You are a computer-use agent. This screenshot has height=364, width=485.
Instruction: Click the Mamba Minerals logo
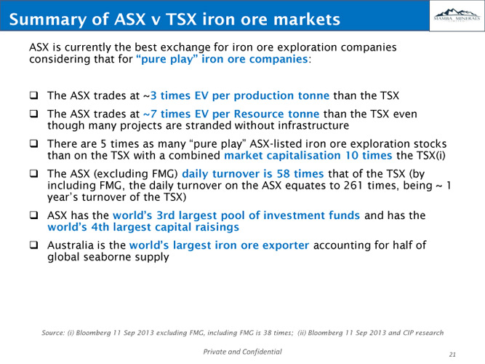(x=457, y=15)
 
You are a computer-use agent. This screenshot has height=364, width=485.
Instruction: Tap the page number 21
(x=452, y=355)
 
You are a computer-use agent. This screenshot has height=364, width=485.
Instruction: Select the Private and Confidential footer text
(x=243, y=352)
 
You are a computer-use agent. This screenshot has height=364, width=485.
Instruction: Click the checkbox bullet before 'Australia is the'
(x=33, y=245)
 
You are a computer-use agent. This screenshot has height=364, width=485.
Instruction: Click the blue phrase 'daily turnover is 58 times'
(x=253, y=173)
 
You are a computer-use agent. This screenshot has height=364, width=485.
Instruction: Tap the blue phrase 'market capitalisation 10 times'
(x=308, y=155)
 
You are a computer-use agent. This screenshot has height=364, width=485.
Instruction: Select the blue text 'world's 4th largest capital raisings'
(x=143, y=227)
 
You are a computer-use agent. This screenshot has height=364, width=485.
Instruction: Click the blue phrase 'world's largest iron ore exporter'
(x=220, y=245)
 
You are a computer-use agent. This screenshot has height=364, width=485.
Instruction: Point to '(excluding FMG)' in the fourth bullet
(x=136, y=173)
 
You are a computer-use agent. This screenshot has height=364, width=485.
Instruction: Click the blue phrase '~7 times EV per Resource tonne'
(x=231, y=114)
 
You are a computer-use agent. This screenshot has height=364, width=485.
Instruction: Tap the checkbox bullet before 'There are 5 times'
(x=33, y=143)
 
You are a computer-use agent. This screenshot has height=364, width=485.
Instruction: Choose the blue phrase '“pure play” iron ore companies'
(x=222, y=59)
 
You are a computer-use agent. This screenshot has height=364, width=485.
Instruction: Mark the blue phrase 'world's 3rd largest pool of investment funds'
(x=236, y=215)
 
